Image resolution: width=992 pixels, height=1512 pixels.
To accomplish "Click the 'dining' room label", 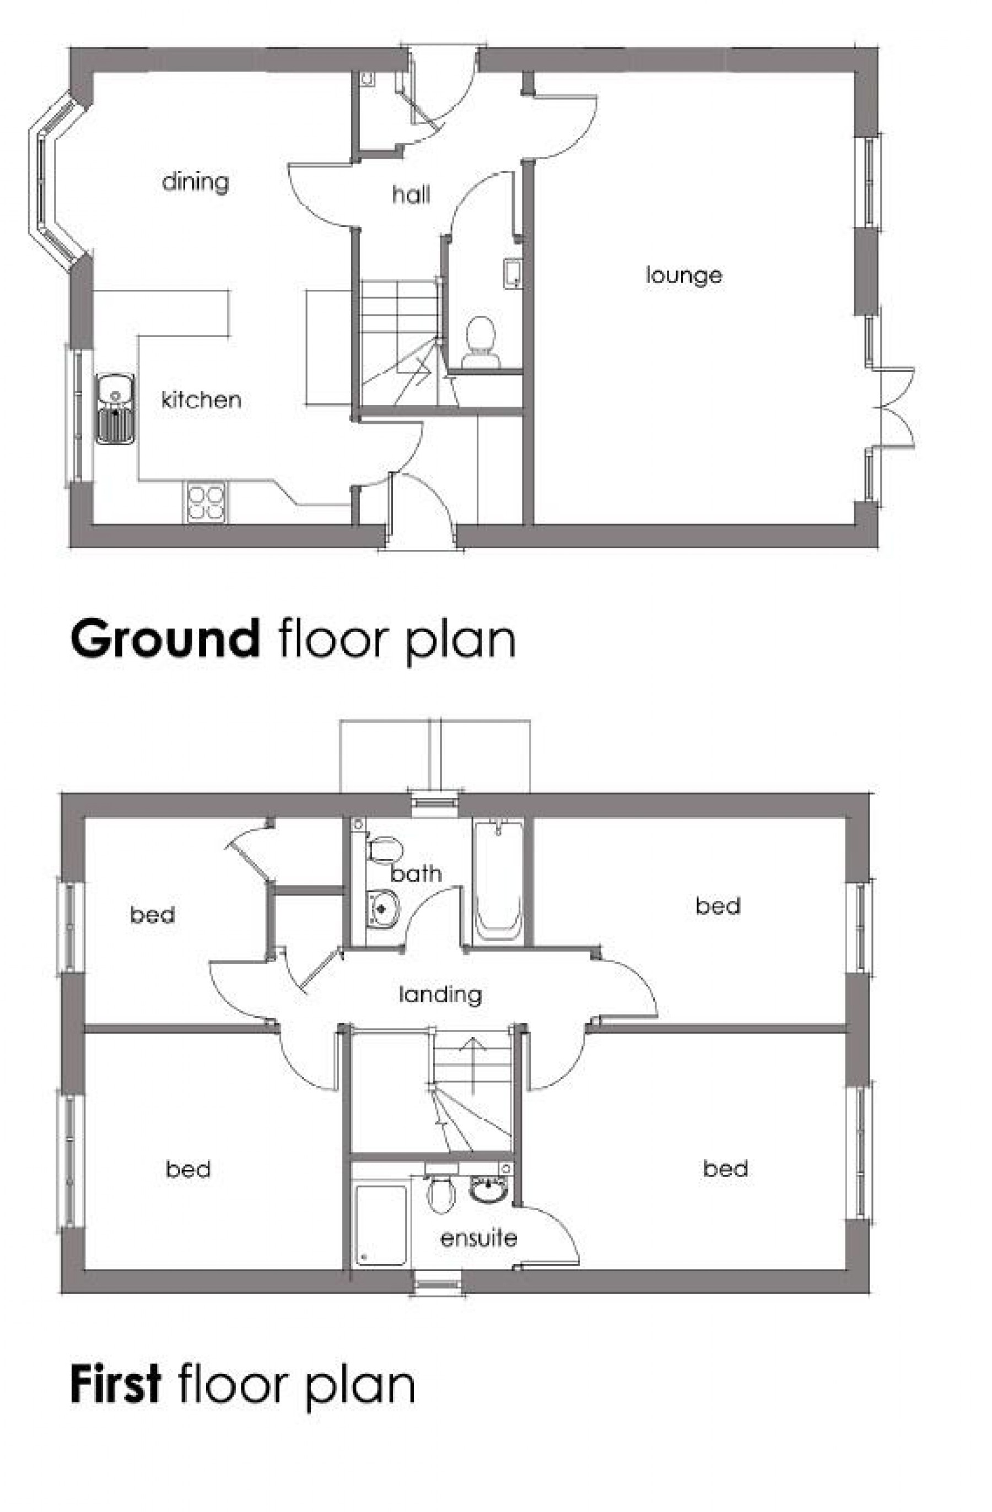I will pos(195,182).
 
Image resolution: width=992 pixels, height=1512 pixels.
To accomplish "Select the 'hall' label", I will pos(411,195).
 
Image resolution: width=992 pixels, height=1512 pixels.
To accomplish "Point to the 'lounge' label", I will pos(684,275).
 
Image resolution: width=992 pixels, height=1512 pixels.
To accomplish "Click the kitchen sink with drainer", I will pos(115,408).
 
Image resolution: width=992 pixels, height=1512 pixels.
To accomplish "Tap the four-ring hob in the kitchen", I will pos(206,503).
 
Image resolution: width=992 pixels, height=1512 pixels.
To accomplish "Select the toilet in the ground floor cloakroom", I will pos(481,341).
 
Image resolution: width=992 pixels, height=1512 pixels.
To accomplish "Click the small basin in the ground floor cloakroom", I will pos(513,273).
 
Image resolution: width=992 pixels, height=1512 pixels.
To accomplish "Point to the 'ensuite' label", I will pos(478,1238).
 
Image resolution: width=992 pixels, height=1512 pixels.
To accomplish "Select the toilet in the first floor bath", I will pos(385,849).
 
